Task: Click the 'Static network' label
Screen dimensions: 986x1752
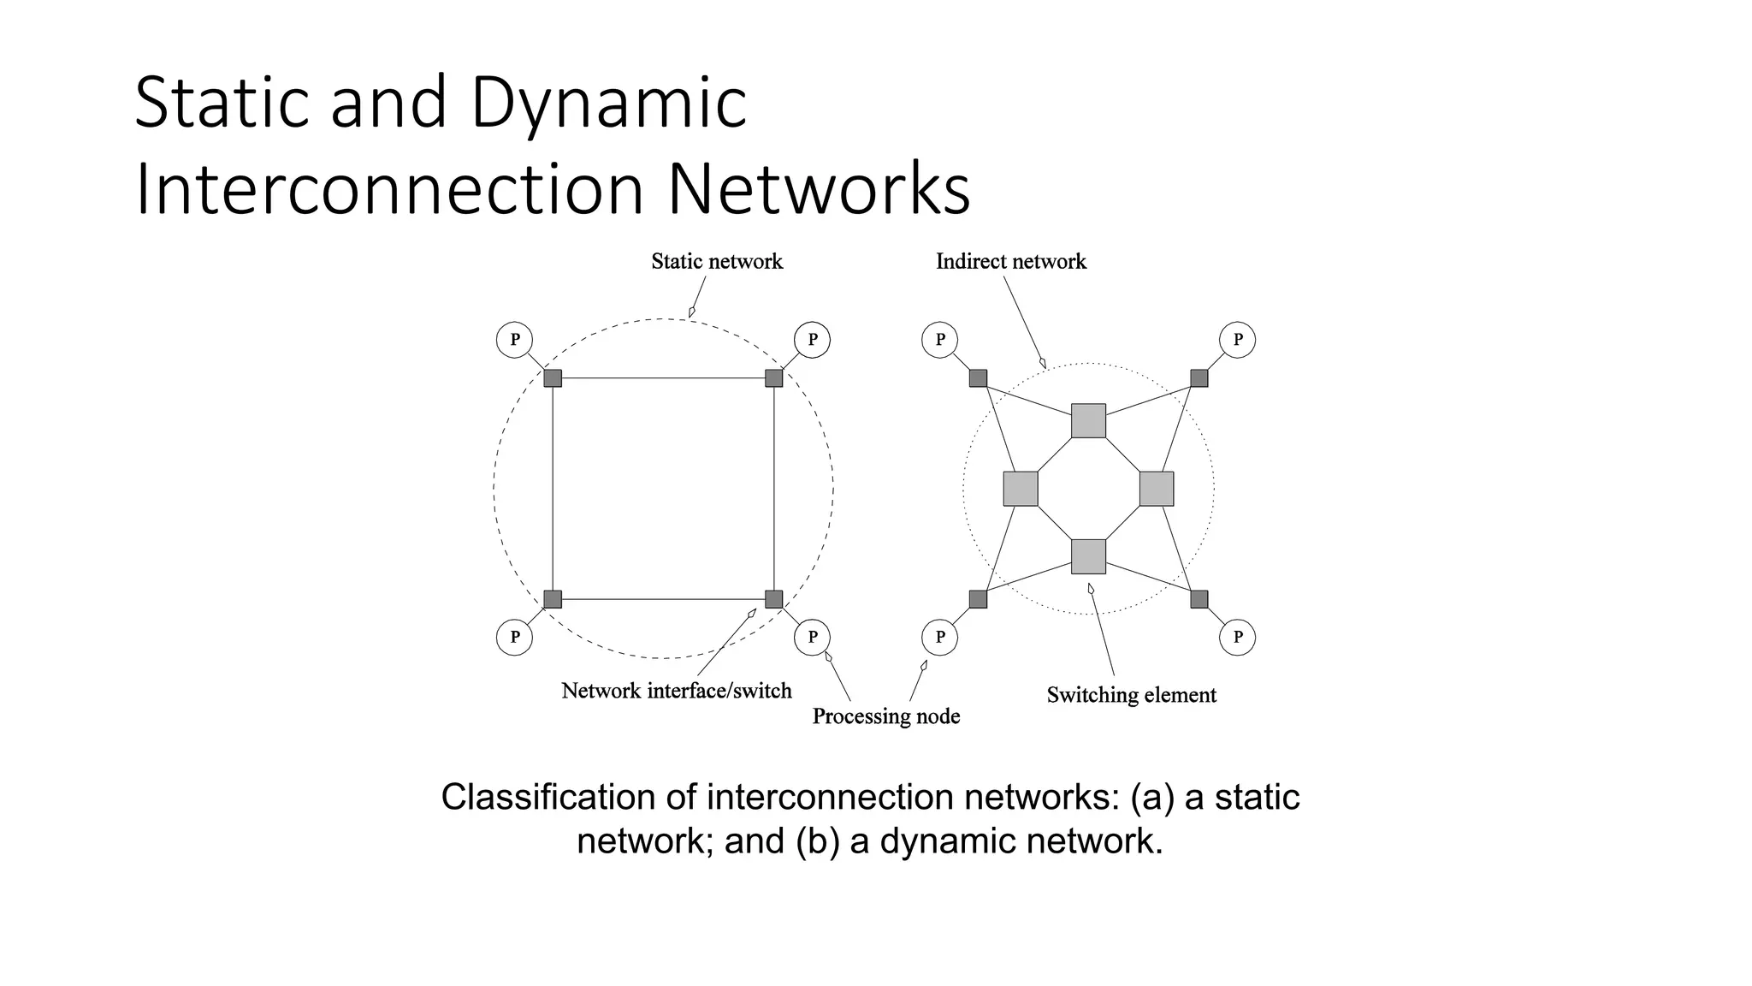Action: click(717, 261)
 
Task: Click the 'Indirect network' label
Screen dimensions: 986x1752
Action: click(1010, 261)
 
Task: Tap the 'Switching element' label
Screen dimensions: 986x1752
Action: click(1131, 695)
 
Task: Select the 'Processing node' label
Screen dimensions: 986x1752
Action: click(885, 716)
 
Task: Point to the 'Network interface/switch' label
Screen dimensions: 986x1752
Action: click(676, 691)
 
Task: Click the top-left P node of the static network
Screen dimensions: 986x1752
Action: click(514, 340)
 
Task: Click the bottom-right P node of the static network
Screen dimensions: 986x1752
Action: click(812, 637)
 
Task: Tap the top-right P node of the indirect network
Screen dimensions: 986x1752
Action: click(1237, 340)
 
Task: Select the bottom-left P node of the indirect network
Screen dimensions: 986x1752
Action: click(939, 637)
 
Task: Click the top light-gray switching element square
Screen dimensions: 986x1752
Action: click(1088, 421)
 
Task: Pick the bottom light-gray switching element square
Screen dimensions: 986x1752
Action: click(1088, 556)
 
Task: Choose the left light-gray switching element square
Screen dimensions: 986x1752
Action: click(1021, 489)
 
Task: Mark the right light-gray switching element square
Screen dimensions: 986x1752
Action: click(1156, 489)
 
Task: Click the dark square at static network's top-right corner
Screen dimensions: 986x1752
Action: click(773, 378)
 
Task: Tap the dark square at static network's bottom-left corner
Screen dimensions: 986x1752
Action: click(553, 599)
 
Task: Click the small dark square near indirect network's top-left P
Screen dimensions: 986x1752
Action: click(978, 378)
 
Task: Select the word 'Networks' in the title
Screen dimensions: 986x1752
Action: click(818, 190)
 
